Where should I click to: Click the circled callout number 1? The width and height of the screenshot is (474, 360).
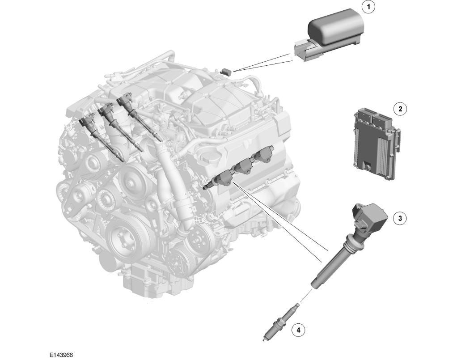368,7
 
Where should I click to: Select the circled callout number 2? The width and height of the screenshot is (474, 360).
400,109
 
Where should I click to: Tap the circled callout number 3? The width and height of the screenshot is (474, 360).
400,218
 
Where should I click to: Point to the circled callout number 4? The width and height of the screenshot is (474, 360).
298,330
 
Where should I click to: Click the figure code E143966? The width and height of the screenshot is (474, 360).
61,355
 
